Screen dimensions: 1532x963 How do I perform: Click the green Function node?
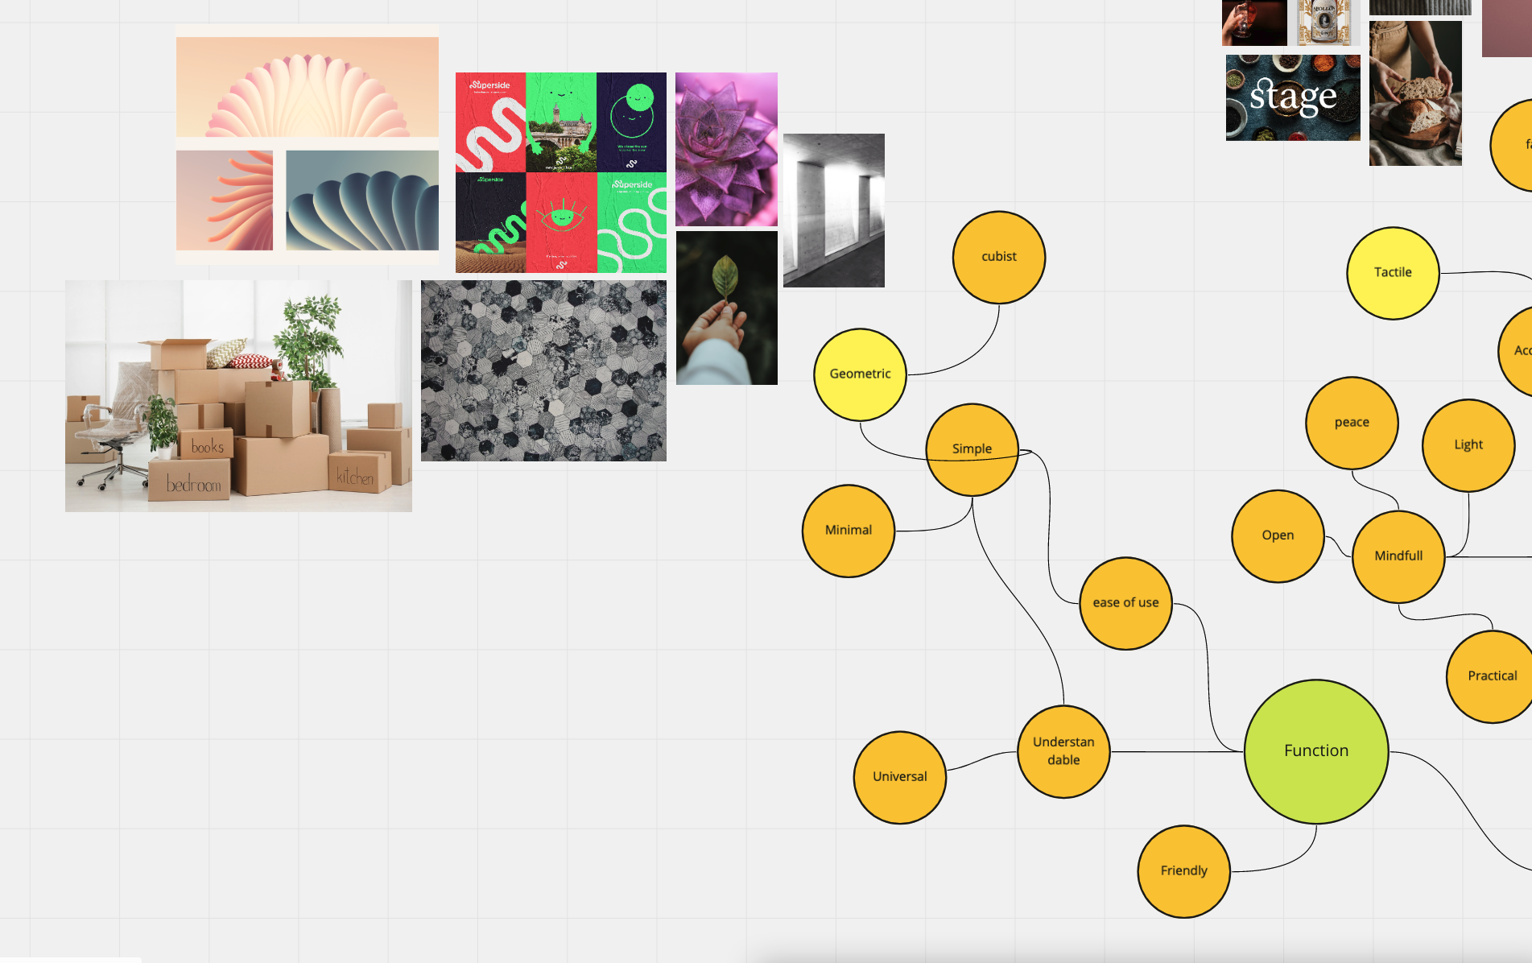click(1315, 751)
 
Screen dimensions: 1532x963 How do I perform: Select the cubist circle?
click(998, 257)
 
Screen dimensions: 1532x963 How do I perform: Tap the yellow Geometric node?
click(860, 374)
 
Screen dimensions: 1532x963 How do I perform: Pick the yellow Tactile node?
click(1392, 273)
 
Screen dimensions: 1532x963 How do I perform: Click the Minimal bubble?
click(849, 531)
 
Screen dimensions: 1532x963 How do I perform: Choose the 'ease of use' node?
click(1125, 603)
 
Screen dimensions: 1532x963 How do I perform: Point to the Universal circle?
click(899, 777)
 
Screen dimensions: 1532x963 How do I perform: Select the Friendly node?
click(1183, 871)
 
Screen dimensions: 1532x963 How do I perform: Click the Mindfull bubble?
click(1398, 556)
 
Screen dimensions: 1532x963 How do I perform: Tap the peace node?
click(1351, 423)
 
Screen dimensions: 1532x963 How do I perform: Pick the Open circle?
click(1278, 535)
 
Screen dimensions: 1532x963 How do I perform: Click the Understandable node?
click(1063, 751)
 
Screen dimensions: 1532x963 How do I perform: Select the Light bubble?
click(1468, 445)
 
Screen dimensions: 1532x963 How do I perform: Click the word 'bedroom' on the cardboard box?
click(193, 485)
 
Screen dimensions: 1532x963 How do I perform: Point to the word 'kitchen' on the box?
click(355, 477)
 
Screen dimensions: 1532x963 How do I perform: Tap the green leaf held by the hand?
click(725, 277)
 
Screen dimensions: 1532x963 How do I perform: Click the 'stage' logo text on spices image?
click(1293, 97)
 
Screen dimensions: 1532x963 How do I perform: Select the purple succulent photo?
click(726, 149)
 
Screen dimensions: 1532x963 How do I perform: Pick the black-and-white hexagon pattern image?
click(543, 370)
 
